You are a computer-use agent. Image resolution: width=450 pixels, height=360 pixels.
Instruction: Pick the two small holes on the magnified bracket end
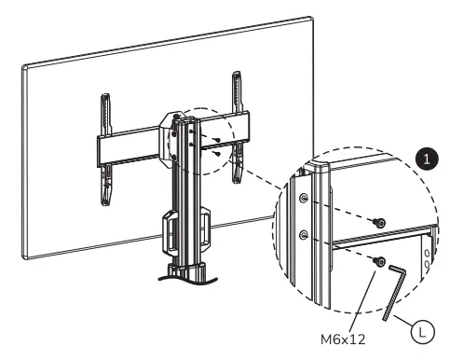(x=428, y=256)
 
